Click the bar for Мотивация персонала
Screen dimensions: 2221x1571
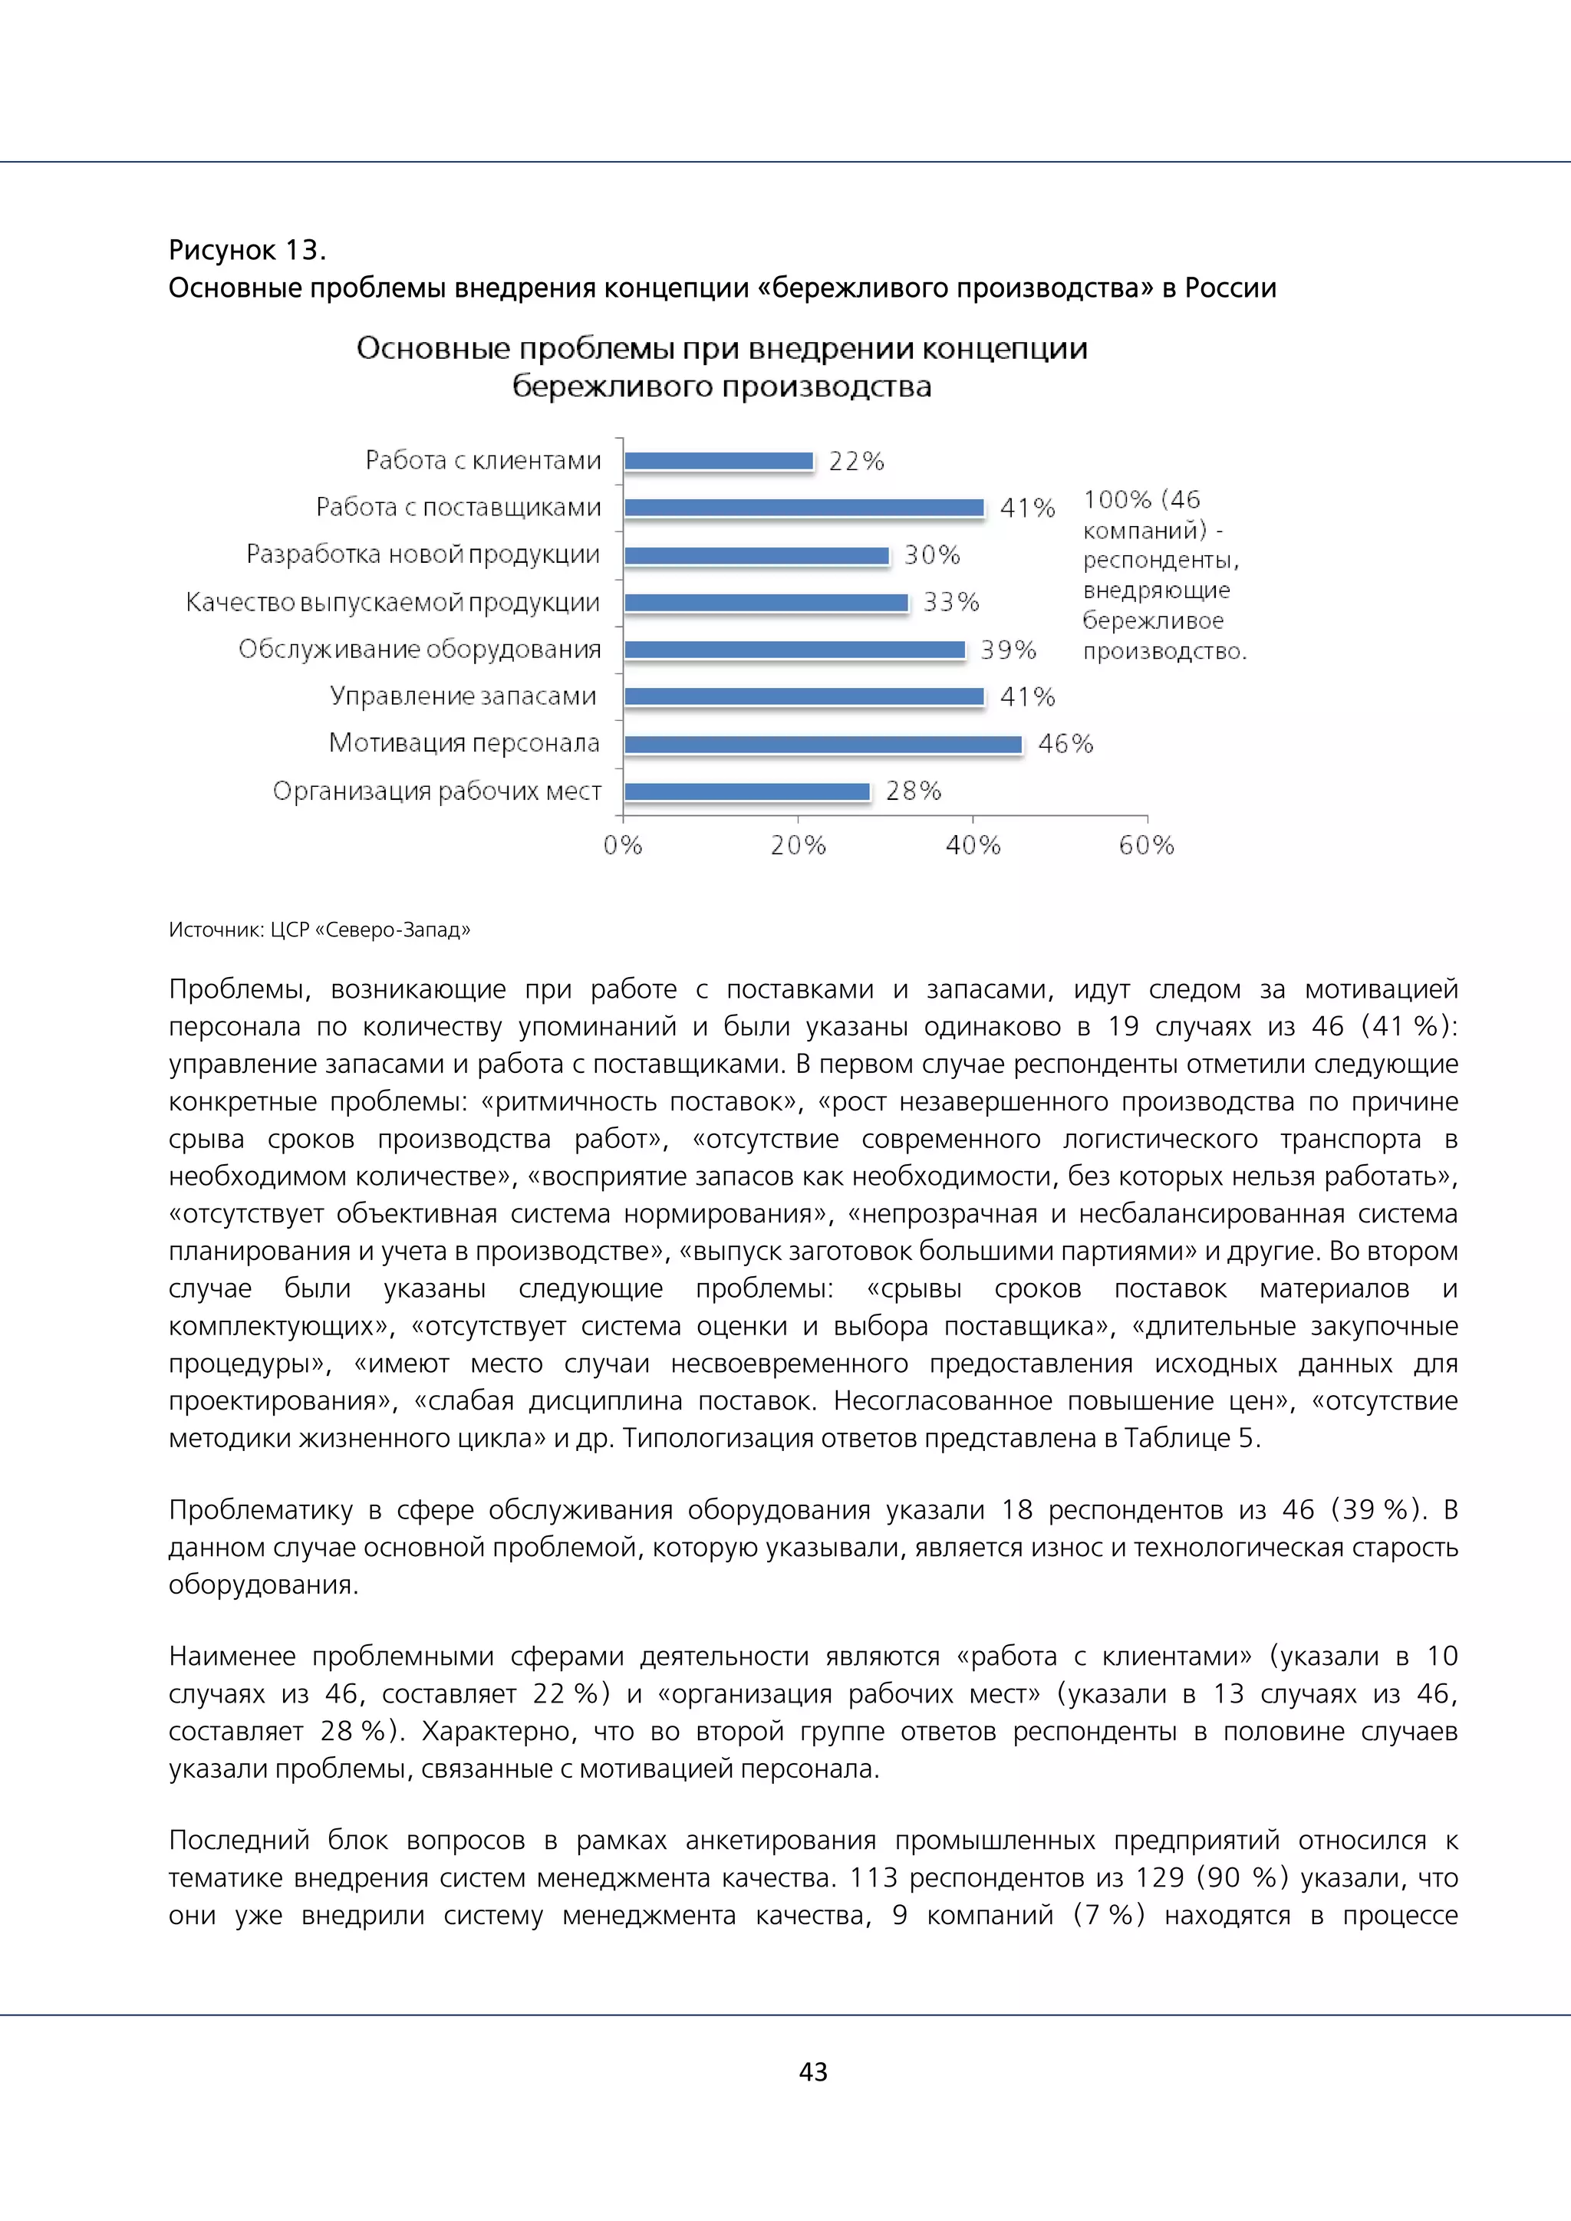822,744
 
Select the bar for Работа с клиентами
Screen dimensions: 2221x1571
719,462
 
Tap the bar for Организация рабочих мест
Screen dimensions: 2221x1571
747,791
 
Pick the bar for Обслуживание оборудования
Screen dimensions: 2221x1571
794,650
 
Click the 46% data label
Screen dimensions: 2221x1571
1065,744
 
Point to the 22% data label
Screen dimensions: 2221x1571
856,462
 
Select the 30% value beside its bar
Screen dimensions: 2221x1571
931,555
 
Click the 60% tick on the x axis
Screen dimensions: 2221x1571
1146,845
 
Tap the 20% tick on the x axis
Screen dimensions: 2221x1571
798,845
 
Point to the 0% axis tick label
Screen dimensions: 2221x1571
623,845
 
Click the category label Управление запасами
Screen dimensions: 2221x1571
463,696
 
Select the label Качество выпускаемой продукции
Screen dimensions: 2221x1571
392,603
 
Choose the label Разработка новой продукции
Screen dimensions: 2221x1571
423,555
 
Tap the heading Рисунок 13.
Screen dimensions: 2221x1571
248,251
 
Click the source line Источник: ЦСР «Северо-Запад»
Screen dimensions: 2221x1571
319,930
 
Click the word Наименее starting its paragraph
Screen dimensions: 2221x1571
232,1656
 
